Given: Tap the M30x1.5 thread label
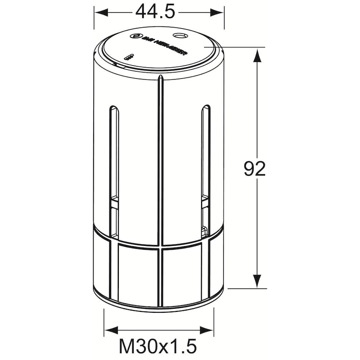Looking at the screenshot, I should coord(158,347).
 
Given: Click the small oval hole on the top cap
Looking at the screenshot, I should coord(181,35).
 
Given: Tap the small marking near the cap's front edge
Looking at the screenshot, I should coord(129,57).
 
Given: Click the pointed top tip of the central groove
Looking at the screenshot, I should coord(160,77).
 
